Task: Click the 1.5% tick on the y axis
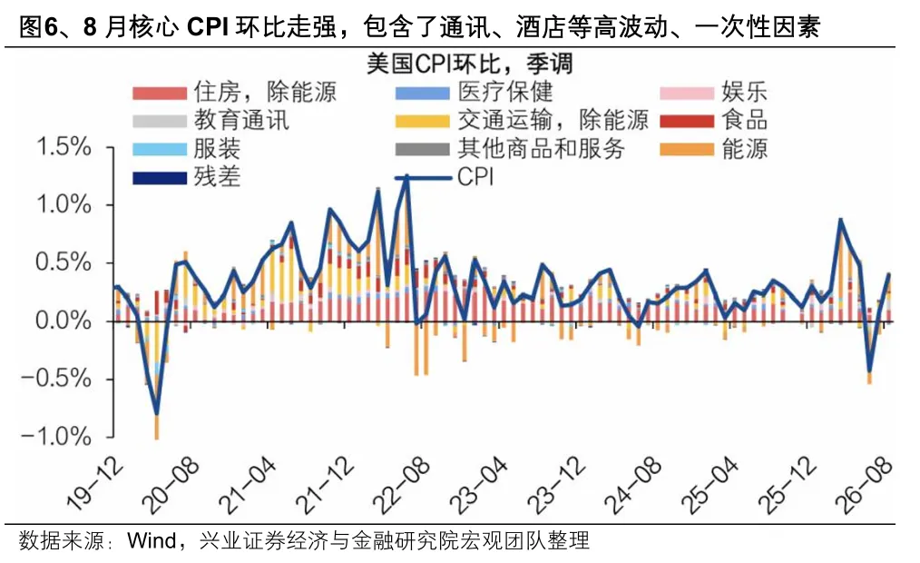click(x=64, y=147)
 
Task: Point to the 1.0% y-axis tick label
click(x=64, y=205)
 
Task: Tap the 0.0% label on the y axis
click(x=64, y=321)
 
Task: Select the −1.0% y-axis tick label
click(x=56, y=436)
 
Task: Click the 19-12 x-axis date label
click(x=95, y=484)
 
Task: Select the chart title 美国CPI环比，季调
click(x=469, y=64)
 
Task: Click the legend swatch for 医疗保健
click(x=423, y=93)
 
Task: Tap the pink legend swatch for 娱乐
click(x=687, y=93)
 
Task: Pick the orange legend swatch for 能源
click(x=687, y=149)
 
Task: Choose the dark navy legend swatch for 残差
click(x=160, y=177)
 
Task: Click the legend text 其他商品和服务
click(x=541, y=149)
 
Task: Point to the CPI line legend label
click(x=475, y=177)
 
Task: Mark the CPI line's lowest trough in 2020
click(x=157, y=414)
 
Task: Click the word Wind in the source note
click(x=152, y=540)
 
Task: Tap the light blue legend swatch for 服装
click(x=160, y=149)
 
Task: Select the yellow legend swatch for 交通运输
click(x=423, y=121)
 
